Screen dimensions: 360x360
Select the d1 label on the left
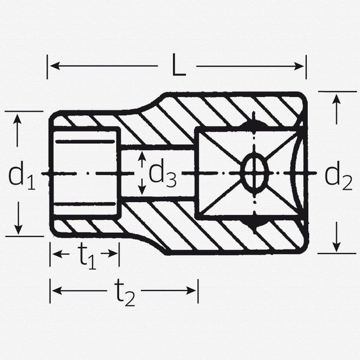tap(22, 176)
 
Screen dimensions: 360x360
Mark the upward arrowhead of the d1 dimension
tap(18, 118)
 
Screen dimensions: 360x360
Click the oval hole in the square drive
tap(255, 173)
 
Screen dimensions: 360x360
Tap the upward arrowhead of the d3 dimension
tap(142, 156)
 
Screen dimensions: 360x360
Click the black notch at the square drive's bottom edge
tap(254, 221)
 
